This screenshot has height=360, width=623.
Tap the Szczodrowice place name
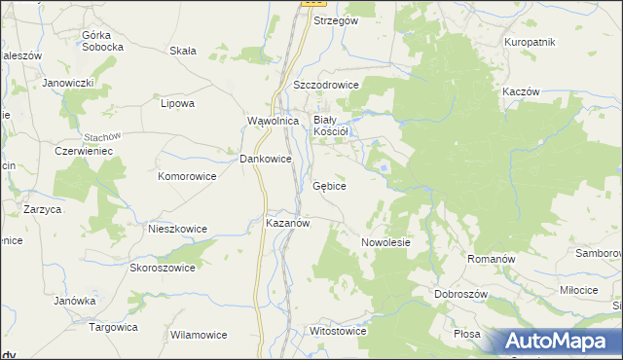click(x=326, y=85)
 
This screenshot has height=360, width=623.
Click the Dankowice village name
click(x=266, y=158)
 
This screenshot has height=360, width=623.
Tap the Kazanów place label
click(x=287, y=223)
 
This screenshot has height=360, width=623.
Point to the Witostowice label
click(x=337, y=331)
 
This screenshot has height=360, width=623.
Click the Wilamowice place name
click(x=199, y=334)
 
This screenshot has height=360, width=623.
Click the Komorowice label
click(x=186, y=176)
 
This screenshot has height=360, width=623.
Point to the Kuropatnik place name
click(x=530, y=42)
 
